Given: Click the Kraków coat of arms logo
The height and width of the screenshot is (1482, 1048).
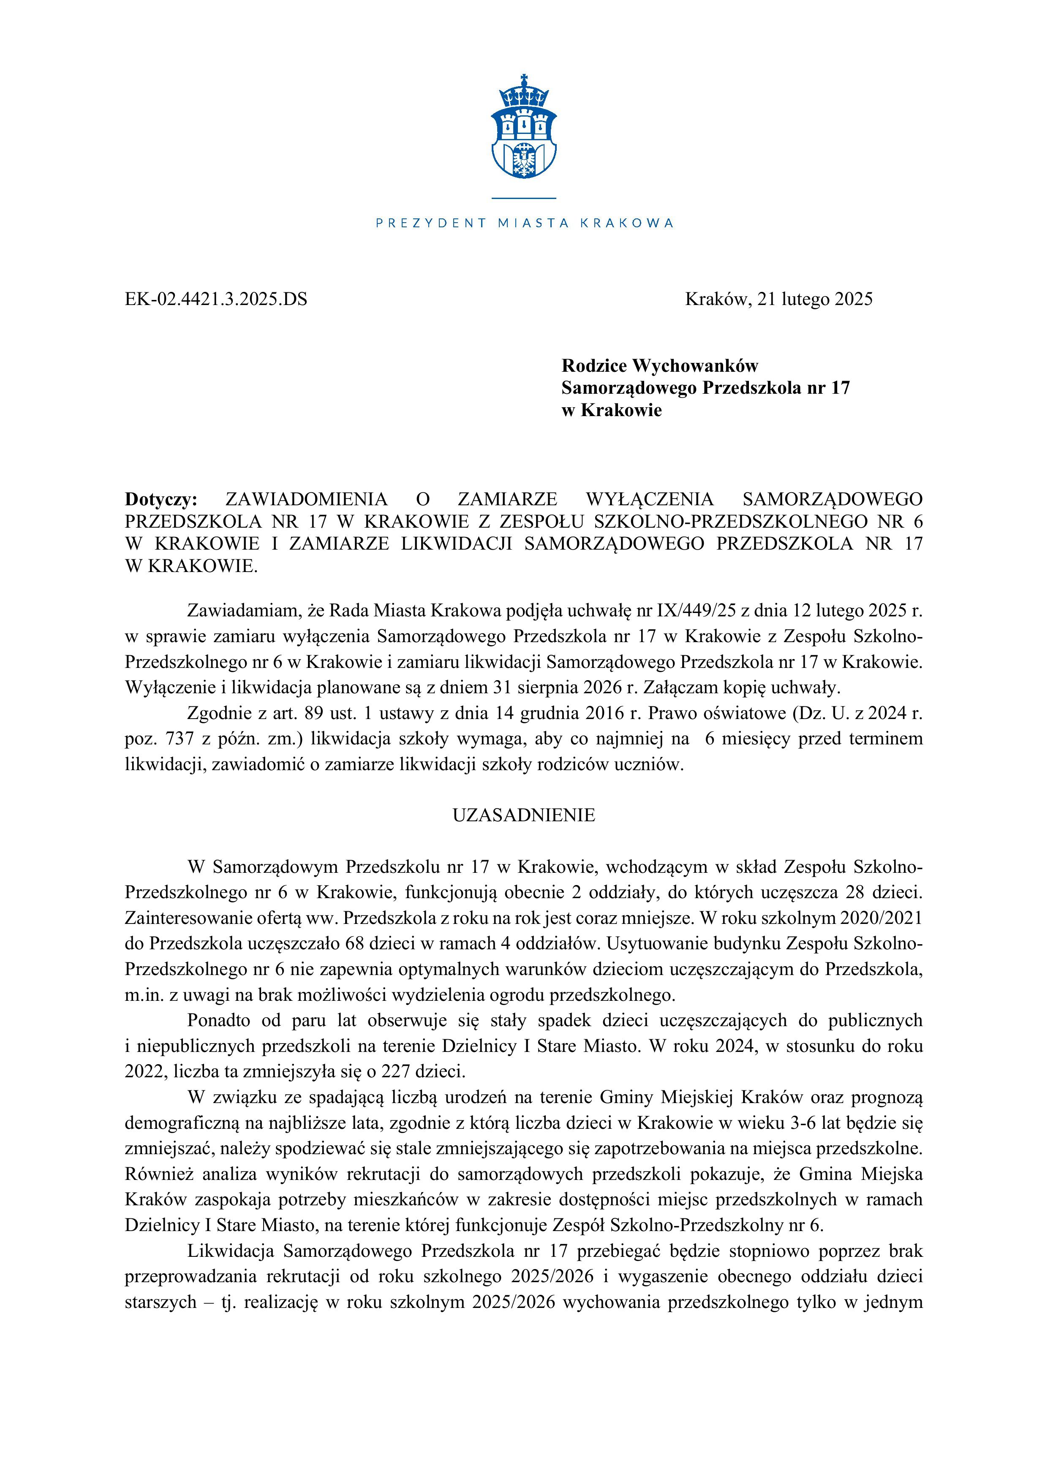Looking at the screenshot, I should (x=523, y=129).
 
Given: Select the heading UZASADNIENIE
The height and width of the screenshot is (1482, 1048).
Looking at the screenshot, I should (x=523, y=815).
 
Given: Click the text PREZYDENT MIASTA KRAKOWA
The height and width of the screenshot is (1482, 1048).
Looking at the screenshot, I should (x=524, y=223).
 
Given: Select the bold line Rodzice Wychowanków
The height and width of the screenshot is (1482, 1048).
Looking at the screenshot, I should (x=659, y=366).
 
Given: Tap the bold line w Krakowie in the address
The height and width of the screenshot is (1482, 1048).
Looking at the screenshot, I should (x=611, y=411).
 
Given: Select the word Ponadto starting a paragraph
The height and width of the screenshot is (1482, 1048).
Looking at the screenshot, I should (x=219, y=1021).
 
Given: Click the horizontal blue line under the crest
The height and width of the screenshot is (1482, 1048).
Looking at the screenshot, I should (x=523, y=198).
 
